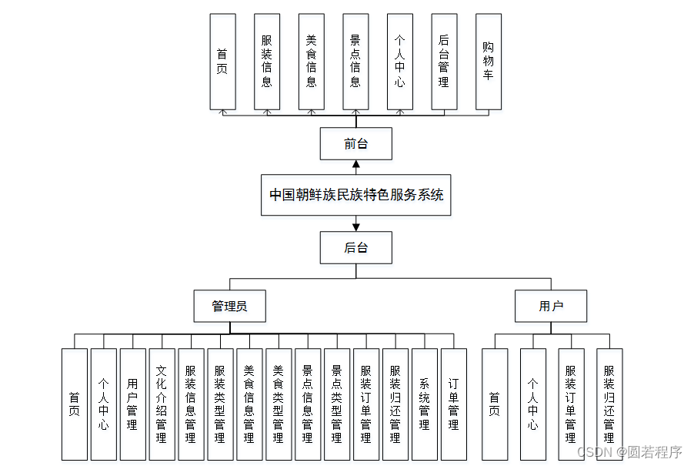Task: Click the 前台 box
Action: pos(356,143)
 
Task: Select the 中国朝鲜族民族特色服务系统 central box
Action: pos(356,195)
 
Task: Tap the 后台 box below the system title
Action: pos(356,248)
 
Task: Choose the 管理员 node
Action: pos(230,306)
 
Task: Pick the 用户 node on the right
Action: pos(551,306)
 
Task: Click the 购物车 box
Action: pos(489,62)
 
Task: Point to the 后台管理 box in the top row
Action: pos(444,62)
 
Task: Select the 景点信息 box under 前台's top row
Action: pos(355,62)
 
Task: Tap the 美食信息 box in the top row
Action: pos(311,62)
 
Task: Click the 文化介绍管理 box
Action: pos(162,404)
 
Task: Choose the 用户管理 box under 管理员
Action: pos(132,404)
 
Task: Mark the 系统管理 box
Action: pos(425,404)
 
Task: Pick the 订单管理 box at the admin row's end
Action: pos(454,404)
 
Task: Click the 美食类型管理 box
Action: pos(279,404)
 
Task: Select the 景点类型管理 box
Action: pos(337,404)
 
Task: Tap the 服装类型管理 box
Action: pos(220,404)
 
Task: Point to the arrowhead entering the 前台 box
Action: pos(356,163)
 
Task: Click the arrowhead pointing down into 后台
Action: pos(356,227)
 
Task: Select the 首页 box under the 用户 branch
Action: pos(495,404)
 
